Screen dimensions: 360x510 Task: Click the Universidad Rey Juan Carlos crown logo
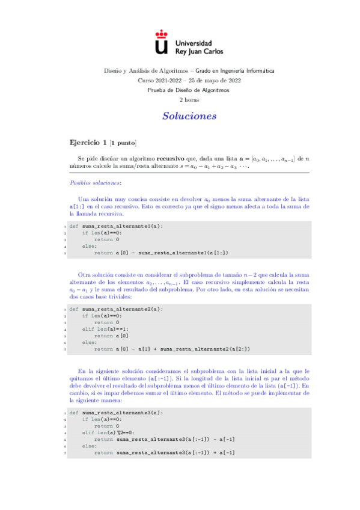coord(160,43)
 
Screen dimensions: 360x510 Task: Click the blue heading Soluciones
coord(189,115)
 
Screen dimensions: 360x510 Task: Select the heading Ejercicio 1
coord(88,143)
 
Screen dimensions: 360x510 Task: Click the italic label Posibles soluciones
coord(96,182)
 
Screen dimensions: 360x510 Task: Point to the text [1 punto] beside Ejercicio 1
coord(124,143)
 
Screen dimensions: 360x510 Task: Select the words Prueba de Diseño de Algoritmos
coord(189,90)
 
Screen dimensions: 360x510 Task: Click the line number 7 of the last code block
coord(64,453)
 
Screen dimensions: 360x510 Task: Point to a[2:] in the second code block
coord(239,349)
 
